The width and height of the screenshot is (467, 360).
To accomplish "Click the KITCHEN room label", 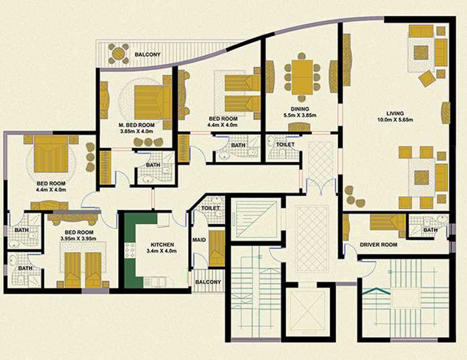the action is (x=162, y=245).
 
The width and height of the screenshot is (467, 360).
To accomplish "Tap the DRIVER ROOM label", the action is (x=378, y=245).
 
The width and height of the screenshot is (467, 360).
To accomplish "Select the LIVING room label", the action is (x=395, y=113).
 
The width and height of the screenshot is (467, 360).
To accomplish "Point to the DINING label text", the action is (x=300, y=109).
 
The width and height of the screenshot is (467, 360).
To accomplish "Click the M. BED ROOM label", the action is (x=136, y=125).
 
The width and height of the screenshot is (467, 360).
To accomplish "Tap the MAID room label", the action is (x=199, y=240).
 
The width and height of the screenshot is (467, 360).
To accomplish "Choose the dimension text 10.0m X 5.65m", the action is (x=395, y=120).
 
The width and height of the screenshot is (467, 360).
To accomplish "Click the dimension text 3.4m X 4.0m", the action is (x=162, y=251).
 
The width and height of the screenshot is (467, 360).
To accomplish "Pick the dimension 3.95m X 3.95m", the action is (x=78, y=239).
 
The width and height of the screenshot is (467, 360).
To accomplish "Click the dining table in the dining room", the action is (x=302, y=77).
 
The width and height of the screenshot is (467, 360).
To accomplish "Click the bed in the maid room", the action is (x=217, y=249).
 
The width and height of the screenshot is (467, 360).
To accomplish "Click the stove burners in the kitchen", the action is (x=130, y=251).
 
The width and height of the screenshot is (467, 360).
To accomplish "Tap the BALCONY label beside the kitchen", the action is (x=208, y=282).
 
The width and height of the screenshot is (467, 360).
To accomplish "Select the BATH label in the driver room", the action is (x=431, y=230).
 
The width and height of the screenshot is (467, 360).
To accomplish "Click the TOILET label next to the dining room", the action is (x=285, y=144).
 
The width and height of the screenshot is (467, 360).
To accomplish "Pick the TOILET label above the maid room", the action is (x=210, y=208).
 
